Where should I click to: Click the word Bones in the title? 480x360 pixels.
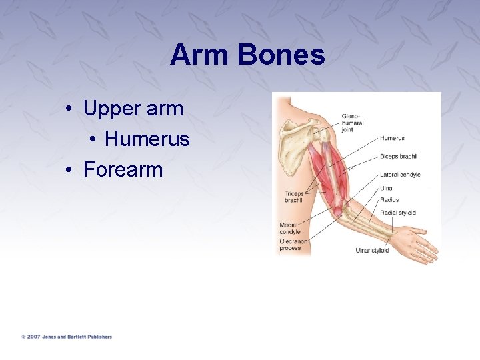point(280,55)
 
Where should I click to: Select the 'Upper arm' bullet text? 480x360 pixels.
point(133,109)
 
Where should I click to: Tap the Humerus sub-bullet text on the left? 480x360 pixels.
point(147,139)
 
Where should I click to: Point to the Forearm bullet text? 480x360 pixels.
point(123,169)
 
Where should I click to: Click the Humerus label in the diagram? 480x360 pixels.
point(392,139)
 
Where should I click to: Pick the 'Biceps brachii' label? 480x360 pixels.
point(398,157)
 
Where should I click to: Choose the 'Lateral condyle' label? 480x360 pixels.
point(400,175)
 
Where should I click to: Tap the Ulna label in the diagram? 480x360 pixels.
point(386,188)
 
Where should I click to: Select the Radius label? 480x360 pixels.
point(389,200)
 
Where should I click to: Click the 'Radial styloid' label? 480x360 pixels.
point(397,213)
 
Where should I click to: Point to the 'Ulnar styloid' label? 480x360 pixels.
point(371,251)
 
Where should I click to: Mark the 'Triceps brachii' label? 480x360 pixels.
point(294,197)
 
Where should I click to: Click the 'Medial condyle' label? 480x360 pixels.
point(290,228)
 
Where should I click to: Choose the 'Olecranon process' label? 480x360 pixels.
point(291,244)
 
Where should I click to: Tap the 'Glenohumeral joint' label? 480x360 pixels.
point(353,123)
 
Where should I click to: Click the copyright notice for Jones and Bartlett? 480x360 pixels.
point(67,337)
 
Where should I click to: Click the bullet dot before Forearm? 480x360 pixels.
point(69,171)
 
